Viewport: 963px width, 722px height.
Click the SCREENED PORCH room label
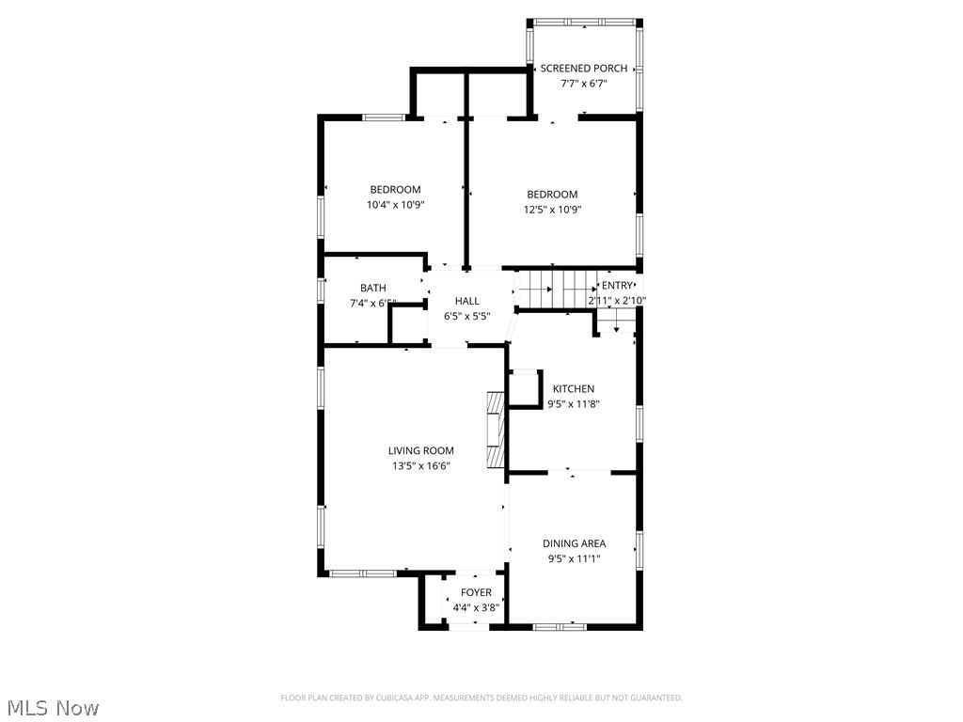tap(583, 69)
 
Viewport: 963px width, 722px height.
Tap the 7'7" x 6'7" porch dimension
tap(583, 83)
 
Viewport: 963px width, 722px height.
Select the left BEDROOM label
tap(395, 190)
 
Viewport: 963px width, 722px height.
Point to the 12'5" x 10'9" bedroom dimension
tap(552, 210)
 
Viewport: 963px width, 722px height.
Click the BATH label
tap(372, 289)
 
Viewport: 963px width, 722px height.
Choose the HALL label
tap(466, 301)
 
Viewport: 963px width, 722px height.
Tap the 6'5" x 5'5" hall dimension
tap(466, 316)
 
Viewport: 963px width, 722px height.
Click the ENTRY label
tap(617, 286)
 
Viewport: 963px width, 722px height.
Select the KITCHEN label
tap(573, 389)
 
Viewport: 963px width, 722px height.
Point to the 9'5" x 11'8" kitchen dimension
tap(573, 404)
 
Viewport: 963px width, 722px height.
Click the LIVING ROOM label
tap(420, 451)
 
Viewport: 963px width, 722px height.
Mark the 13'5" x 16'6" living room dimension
tap(420, 466)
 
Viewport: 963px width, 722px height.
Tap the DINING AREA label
tap(574, 543)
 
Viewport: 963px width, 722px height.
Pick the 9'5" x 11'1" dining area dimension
tap(574, 558)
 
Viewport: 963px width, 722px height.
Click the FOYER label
tap(476, 593)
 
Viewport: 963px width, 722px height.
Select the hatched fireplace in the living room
tap(495, 430)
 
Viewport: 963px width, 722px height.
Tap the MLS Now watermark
tap(53, 707)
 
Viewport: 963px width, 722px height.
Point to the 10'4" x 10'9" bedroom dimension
tap(395, 204)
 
